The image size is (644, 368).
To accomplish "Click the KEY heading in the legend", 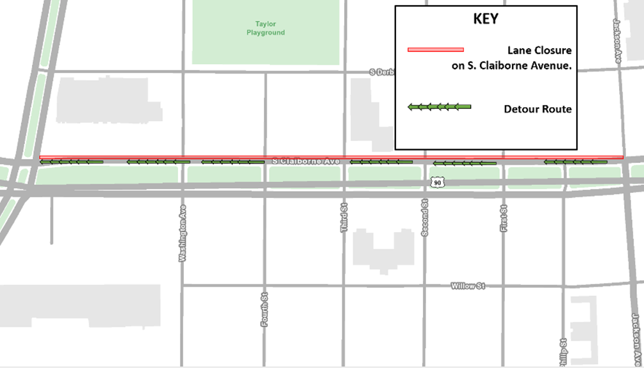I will click(x=486, y=19).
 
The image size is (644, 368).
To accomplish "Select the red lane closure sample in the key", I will click(x=435, y=49).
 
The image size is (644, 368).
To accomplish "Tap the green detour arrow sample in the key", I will click(x=440, y=106).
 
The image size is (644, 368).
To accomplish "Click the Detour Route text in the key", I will click(x=538, y=110).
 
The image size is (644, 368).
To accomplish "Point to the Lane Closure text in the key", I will click(x=540, y=50).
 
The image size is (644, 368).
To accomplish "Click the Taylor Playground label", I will click(x=265, y=29).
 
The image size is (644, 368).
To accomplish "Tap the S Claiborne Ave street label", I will click(x=305, y=162).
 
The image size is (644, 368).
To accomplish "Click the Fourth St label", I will click(x=264, y=310).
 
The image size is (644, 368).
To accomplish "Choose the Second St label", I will click(x=424, y=217).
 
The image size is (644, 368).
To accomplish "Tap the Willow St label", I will click(x=467, y=286).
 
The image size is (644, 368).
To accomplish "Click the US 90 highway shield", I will click(x=437, y=183).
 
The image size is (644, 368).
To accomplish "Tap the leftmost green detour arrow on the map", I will click(x=71, y=162).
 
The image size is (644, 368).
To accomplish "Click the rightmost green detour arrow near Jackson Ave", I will click(x=575, y=162).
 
